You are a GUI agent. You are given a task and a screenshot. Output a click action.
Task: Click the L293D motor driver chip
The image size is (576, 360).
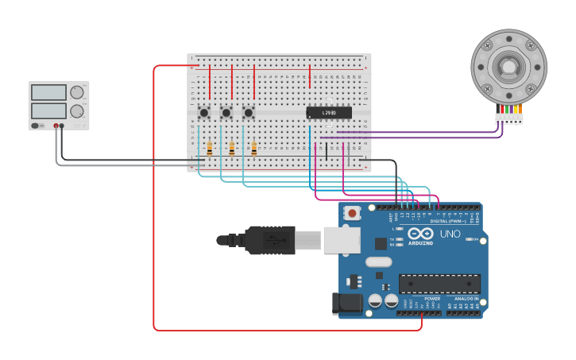[x=329, y=113]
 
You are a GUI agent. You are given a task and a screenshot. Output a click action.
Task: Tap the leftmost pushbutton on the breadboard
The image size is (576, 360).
[x=204, y=113]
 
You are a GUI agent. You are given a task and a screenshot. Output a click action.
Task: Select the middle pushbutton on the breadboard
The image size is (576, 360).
[x=226, y=113]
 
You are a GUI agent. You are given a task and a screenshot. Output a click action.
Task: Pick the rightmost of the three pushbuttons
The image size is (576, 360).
[x=249, y=113]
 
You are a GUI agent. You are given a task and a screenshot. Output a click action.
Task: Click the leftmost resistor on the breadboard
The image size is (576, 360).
[x=210, y=148]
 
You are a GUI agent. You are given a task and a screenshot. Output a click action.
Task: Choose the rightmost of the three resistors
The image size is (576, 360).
[x=254, y=148]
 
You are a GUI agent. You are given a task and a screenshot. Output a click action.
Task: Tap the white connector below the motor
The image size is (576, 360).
[x=509, y=118]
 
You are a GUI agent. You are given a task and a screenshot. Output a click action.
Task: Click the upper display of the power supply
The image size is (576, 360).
[x=48, y=92]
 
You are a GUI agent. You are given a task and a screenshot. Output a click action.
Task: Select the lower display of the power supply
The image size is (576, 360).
[x=48, y=110]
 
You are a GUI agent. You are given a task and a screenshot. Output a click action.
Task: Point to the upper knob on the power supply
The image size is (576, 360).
[x=76, y=92]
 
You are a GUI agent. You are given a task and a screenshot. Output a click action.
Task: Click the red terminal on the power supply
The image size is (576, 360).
[x=56, y=126]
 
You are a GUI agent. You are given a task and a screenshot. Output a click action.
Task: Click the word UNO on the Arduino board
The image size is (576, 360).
[x=450, y=234]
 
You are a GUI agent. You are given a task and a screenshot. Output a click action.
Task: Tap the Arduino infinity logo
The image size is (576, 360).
[x=422, y=234]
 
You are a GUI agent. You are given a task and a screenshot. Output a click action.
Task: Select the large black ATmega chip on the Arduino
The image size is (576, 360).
[x=439, y=284]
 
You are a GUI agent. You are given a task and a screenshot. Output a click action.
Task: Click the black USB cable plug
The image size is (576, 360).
[x=270, y=240]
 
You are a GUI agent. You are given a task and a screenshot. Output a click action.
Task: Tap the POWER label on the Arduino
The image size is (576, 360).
[x=432, y=299]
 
